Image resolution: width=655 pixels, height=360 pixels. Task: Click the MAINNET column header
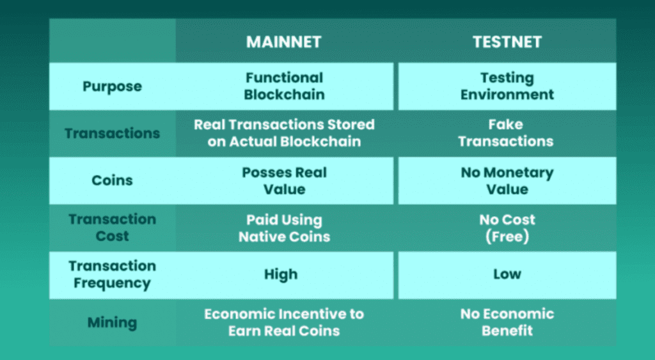284,42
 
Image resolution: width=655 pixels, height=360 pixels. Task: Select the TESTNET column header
507,42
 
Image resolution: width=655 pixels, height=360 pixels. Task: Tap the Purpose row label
112,86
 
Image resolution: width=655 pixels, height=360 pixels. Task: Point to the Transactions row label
112,134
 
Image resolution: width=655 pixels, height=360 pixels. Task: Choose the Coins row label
112,180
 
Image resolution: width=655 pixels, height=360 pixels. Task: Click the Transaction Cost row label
112,228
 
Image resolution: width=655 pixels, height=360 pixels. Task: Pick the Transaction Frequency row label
112,274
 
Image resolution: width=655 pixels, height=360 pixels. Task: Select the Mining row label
112,322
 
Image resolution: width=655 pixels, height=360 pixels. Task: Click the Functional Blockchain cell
284,86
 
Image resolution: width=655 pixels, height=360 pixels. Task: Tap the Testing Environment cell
507,86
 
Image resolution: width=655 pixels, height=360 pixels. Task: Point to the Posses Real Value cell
284,180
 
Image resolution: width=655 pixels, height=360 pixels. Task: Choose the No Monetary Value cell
507,180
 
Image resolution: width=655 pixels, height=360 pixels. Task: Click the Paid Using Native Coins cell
284,228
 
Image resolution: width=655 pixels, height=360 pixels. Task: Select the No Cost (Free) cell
507,228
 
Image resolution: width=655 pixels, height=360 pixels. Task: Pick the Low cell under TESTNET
507,274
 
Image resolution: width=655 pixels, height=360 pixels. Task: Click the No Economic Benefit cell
507,322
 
